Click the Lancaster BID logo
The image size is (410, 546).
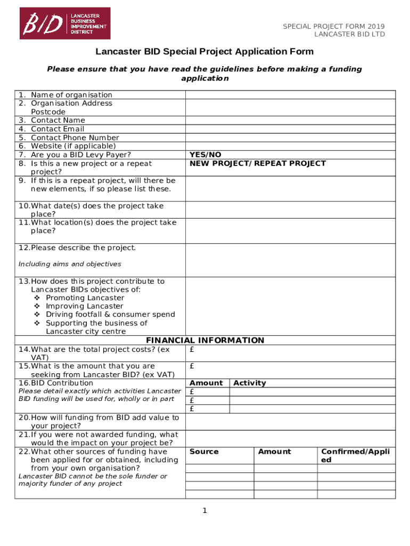click(65, 23)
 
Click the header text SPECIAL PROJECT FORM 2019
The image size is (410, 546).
click(333, 27)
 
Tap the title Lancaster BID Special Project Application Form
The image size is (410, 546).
click(204, 52)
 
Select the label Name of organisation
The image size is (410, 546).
click(71, 95)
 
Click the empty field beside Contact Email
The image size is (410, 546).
click(290, 129)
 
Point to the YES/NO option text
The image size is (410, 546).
click(206, 155)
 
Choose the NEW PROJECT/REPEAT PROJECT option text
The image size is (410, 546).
click(258, 163)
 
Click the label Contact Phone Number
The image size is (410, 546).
click(75, 138)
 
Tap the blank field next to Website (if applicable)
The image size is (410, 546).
click(290, 146)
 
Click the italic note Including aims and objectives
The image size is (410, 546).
click(70, 264)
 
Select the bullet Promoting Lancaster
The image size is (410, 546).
click(85, 298)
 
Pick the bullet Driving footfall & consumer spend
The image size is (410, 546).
click(110, 315)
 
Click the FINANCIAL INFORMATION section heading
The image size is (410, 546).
click(205, 340)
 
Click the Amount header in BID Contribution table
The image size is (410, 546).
click(206, 383)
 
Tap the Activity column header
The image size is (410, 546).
click(249, 383)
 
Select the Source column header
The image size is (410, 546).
click(204, 452)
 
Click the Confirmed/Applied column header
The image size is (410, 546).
click(355, 455)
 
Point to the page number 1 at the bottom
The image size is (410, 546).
click(204, 511)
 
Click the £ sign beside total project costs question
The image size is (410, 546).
click(192, 350)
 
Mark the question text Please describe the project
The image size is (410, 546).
click(83, 248)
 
